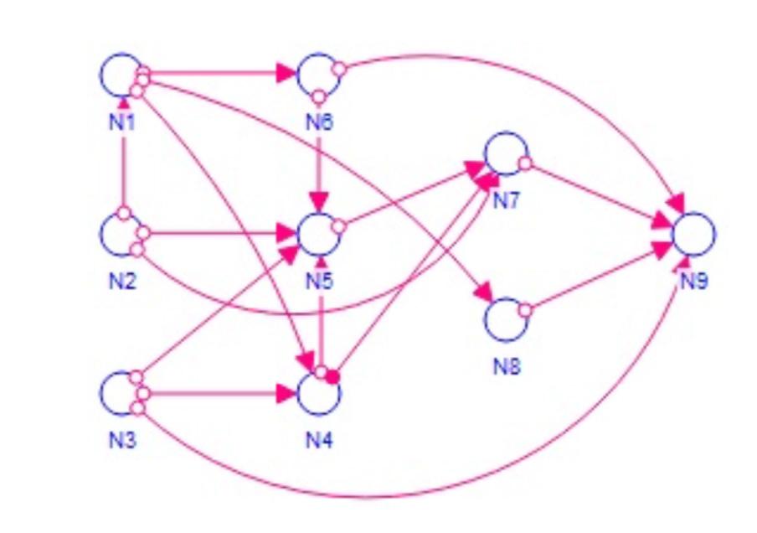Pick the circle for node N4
[319, 393]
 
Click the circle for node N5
[319, 234]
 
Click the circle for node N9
[694, 234]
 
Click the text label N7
[506, 201]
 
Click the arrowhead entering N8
[482, 293]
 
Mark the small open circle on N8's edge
[524, 310]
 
